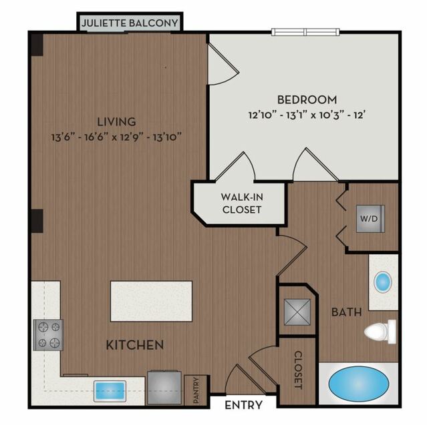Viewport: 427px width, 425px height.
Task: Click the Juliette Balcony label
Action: tap(130, 23)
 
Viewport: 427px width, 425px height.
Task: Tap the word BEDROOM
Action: tap(307, 100)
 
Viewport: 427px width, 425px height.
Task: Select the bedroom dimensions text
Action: tap(307, 115)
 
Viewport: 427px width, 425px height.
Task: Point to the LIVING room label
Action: tap(116, 121)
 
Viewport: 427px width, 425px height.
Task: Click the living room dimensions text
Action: tap(116, 137)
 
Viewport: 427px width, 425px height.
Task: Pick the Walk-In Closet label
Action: tap(242, 203)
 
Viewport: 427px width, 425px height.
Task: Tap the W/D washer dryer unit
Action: tap(371, 219)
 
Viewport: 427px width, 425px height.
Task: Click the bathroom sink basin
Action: tap(383, 282)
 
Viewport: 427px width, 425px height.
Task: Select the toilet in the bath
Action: tap(380, 332)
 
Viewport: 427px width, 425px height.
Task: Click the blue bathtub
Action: tap(359, 384)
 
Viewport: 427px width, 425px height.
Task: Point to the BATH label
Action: tap(346, 312)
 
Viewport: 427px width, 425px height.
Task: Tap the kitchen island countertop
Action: tap(152, 302)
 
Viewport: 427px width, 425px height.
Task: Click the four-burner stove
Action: tap(49, 335)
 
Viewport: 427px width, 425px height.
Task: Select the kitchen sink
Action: tap(110, 391)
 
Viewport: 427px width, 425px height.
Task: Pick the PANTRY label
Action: tap(196, 390)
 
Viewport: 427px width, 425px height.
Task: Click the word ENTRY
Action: tap(243, 405)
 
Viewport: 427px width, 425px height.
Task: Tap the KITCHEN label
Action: tap(135, 345)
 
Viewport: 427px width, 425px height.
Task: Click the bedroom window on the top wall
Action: tap(305, 32)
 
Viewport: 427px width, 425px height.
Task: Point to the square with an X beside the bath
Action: tap(297, 312)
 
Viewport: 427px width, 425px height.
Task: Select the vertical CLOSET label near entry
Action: tap(299, 370)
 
